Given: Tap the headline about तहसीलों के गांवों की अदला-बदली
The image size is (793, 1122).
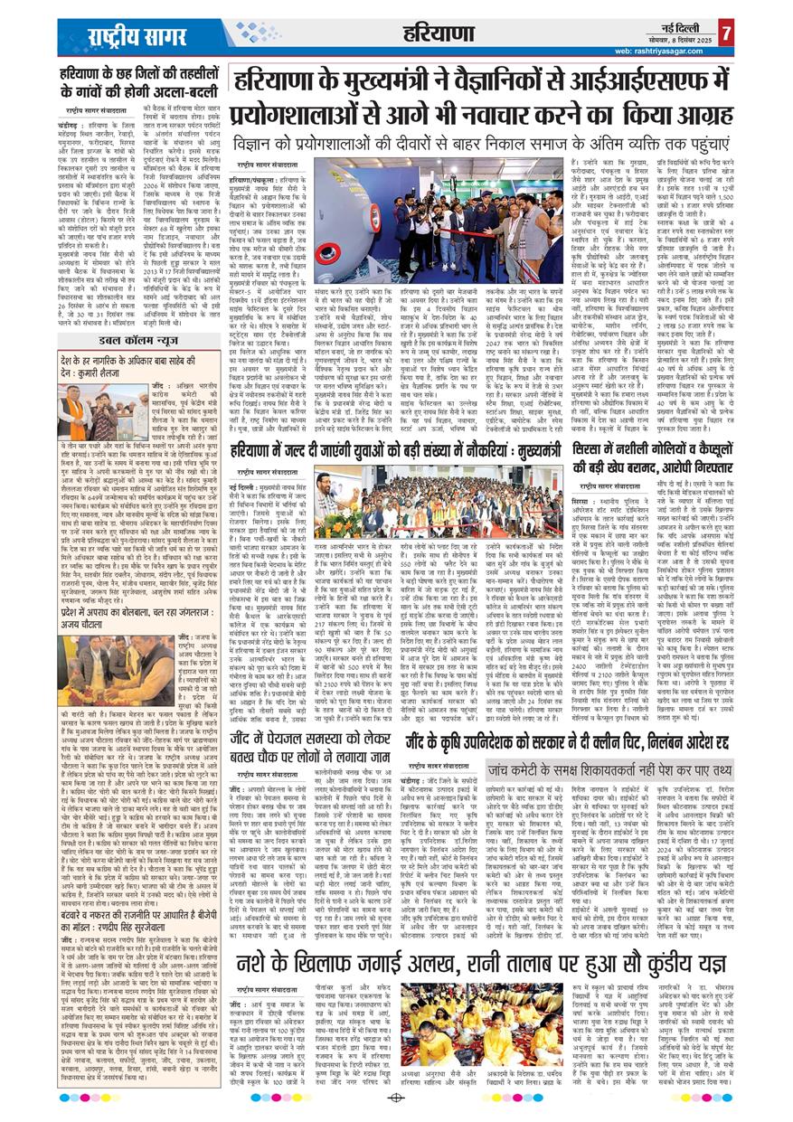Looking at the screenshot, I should click(x=140, y=84).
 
